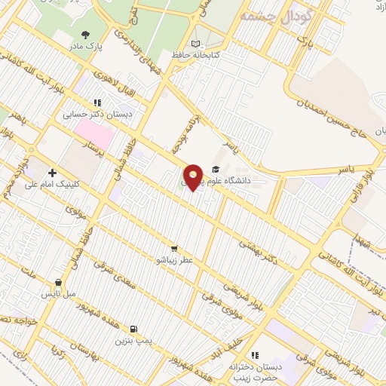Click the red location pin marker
point(194,176)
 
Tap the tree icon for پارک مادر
point(85,34)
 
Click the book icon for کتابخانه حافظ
point(197,43)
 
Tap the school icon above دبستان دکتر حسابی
point(97,103)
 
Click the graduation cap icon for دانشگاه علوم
point(216,169)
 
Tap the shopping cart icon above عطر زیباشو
point(174,249)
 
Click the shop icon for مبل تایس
point(59,282)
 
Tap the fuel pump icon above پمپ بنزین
point(133,329)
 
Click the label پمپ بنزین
point(133,341)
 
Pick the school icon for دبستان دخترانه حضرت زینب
point(255,355)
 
